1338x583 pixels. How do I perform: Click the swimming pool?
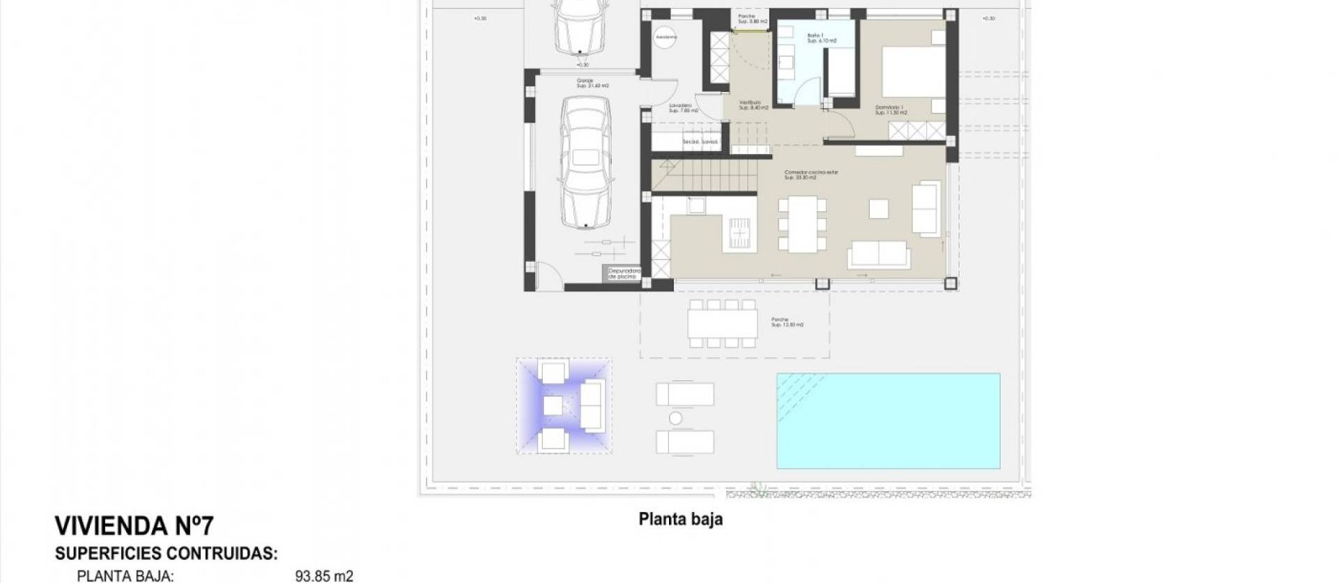coord(888,421)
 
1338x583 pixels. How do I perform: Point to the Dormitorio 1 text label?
coord(891,109)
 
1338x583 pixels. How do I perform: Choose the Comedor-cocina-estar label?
coord(810,174)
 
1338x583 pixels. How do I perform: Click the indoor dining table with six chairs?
coord(802,224)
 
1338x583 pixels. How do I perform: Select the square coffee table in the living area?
coord(878,209)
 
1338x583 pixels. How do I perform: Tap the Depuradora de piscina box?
coord(623,274)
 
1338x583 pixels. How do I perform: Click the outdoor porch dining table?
coord(722,323)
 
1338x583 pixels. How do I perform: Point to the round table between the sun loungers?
coord(675,418)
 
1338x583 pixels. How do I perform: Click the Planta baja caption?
coord(680,520)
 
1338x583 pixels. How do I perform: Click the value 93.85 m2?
coord(324,576)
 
